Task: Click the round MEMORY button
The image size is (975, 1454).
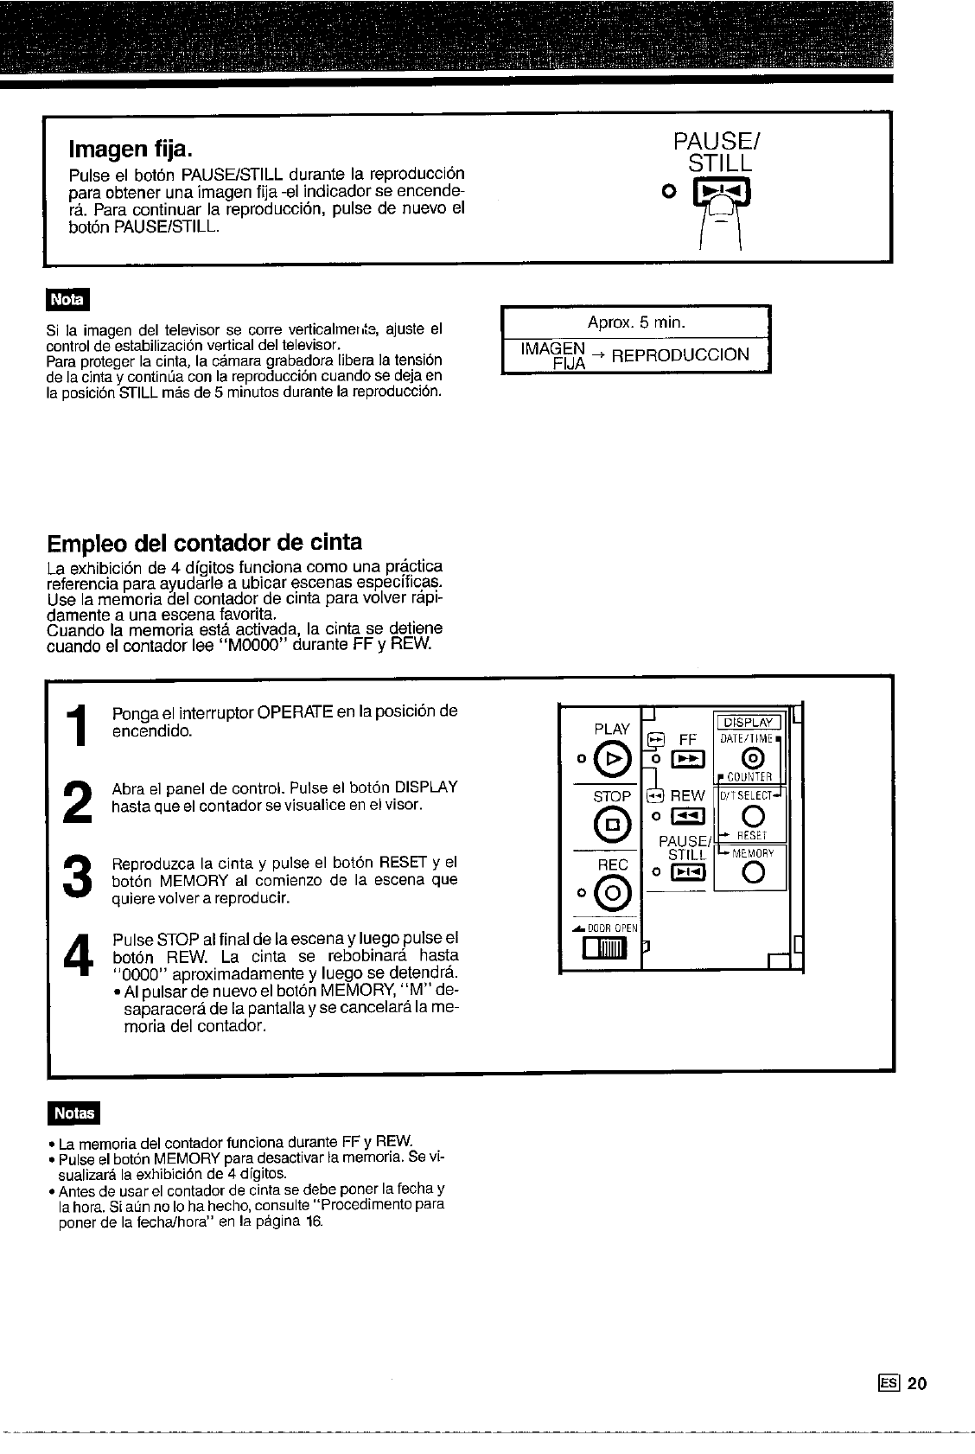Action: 751,874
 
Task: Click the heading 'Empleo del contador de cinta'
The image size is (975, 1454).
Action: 204,542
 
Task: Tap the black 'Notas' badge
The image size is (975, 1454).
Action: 74,1113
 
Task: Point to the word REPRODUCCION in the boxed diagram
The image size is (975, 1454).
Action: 679,354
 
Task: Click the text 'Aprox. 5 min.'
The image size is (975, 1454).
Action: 636,322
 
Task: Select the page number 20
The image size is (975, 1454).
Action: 917,1383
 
